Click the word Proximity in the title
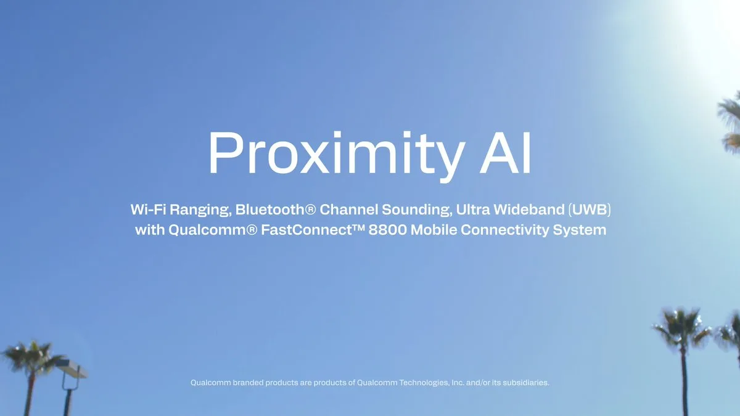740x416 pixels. (327, 154)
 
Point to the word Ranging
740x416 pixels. (202, 210)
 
